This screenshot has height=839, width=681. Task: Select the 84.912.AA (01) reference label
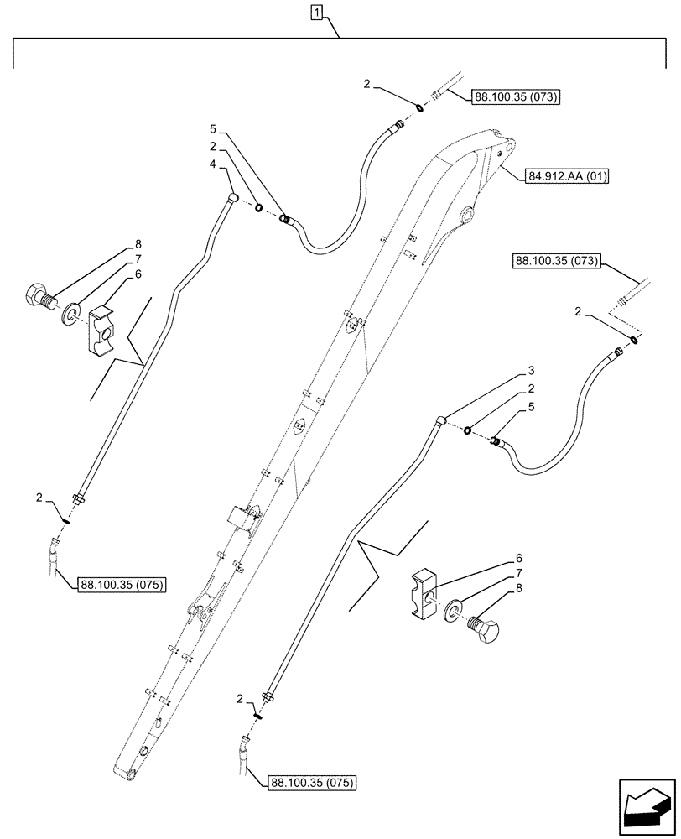click(x=568, y=176)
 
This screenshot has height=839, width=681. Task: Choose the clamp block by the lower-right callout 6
click(x=428, y=594)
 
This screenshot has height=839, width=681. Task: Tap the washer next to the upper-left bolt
click(x=70, y=314)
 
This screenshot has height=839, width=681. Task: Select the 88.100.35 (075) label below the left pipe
click(x=122, y=585)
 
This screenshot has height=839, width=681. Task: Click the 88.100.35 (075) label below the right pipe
click(x=312, y=784)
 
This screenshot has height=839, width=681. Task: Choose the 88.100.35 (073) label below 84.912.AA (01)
click(x=556, y=262)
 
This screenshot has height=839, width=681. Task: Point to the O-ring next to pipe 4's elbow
click(x=260, y=207)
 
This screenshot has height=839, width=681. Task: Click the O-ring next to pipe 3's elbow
click(x=470, y=430)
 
